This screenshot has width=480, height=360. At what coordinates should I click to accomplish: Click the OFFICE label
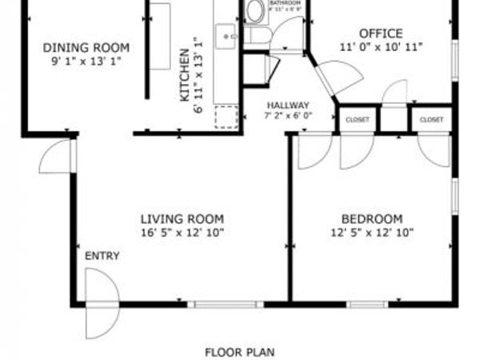[x=380, y=34]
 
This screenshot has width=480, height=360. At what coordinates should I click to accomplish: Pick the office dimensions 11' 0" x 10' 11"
[x=380, y=47]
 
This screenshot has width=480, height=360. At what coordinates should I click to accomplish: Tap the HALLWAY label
[x=288, y=105]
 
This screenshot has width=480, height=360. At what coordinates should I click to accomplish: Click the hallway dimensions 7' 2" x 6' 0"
[x=288, y=115]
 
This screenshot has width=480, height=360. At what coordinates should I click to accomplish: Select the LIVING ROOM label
[x=182, y=219]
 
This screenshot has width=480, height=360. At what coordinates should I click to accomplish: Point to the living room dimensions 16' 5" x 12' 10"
[x=182, y=233]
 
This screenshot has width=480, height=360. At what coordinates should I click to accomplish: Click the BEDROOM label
[x=371, y=219]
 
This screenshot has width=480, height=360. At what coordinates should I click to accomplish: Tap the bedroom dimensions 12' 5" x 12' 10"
[x=371, y=233]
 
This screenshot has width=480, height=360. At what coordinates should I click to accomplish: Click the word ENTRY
[x=102, y=256]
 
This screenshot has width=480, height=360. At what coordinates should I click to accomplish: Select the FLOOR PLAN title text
[x=239, y=351]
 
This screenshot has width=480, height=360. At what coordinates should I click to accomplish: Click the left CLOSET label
[x=358, y=120]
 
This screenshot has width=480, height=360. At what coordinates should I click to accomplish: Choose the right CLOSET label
[x=431, y=120]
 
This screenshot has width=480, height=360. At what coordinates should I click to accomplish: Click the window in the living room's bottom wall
[x=230, y=304]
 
